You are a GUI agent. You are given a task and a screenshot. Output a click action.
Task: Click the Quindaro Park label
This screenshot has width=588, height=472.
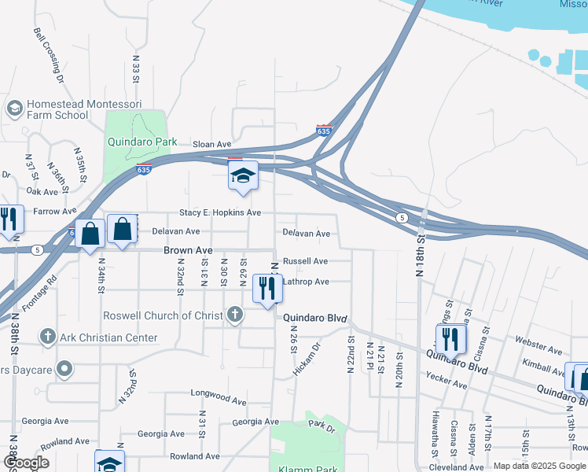[x=139, y=143]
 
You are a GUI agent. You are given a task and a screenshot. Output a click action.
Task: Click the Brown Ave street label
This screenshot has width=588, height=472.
[x=188, y=250]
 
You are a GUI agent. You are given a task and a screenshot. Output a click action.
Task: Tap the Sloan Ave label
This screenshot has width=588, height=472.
[x=213, y=144]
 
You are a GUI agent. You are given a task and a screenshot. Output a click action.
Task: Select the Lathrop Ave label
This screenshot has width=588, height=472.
[x=306, y=282]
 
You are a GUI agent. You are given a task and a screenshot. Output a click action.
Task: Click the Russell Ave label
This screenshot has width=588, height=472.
[x=305, y=260]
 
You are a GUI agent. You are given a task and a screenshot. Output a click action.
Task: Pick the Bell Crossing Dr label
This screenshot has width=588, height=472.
[x=48, y=55]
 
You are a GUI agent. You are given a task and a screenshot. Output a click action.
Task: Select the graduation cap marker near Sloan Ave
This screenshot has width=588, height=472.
[x=243, y=175]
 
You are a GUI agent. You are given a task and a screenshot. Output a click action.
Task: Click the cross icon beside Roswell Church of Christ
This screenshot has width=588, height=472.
[x=234, y=315]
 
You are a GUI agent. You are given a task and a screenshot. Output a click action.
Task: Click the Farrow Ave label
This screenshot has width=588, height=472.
[x=55, y=211]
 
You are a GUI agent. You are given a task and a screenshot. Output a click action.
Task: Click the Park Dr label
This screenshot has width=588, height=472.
[x=322, y=426]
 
